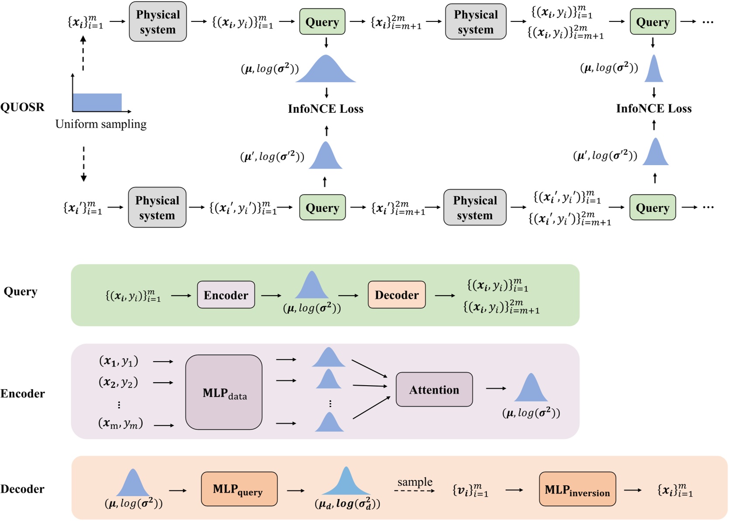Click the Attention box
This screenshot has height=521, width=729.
pyautogui.click(x=434, y=389)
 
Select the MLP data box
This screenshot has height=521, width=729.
pyautogui.click(x=224, y=392)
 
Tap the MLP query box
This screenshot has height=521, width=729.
pyautogui.click(x=239, y=489)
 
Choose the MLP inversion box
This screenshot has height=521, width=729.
pyautogui.click(x=577, y=489)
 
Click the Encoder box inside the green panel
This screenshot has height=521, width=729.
pyautogui.click(x=226, y=294)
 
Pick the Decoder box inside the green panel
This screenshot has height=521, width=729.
pyautogui.click(x=397, y=294)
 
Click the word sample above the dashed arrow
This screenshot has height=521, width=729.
pyautogui.click(x=415, y=482)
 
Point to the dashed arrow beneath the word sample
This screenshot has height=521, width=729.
pyautogui.click(x=414, y=491)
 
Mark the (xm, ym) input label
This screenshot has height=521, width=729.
pyautogui.click(x=121, y=423)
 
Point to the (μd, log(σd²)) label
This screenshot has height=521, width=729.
pyautogui.click(x=347, y=504)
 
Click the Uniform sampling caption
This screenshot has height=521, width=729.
pyautogui.click(x=101, y=124)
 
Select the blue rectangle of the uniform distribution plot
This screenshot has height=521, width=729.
pyautogui.click(x=97, y=102)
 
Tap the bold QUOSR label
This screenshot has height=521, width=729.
pyautogui.click(x=22, y=107)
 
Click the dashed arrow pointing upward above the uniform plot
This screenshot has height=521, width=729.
pyautogui.click(x=83, y=53)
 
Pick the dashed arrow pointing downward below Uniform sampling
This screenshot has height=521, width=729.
pyautogui.click(x=83, y=164)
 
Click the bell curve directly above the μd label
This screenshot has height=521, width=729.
pyautogui.click(x=346, y=481)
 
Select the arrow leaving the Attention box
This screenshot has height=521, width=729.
pyautogui.click(x=496, y=388)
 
